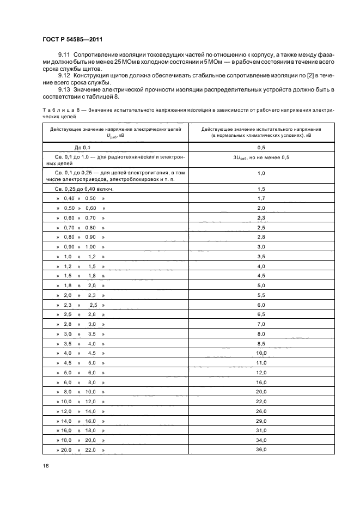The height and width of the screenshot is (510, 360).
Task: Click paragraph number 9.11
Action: coord(64,56)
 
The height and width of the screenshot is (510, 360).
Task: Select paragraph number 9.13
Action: coord(64,89)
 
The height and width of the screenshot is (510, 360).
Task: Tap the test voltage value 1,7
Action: coord(261,198)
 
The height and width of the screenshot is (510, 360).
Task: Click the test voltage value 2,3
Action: coord(261,218)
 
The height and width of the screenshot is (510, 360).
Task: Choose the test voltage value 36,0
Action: coord(261,450)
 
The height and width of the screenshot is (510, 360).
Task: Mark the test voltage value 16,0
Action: coord(261,382)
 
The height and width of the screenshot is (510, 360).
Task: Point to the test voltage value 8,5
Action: coord(261,343)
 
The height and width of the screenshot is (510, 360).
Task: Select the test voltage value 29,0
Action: coord(261,421)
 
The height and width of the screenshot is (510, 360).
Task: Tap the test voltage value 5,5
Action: coord(261,295)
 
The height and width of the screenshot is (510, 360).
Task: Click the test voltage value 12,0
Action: coord(261,372)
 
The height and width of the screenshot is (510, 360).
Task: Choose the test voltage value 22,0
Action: coord(261,401)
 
